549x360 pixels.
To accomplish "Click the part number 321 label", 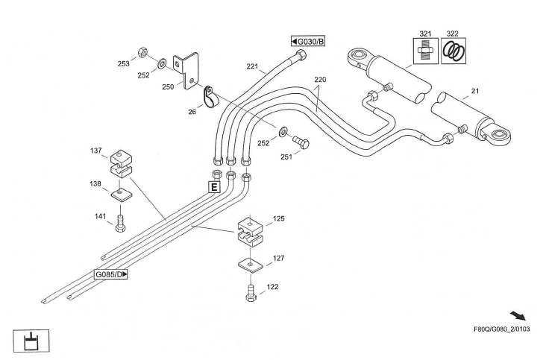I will point(425,34).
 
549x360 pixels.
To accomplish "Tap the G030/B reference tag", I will point(308,40).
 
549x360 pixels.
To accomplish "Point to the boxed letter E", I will point(213,187).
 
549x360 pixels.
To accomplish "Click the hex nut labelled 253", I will point(142,54).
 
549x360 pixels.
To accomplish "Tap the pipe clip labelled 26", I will point(208,95).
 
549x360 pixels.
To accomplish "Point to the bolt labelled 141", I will point(120,220).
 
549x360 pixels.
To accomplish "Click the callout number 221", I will point(252,67).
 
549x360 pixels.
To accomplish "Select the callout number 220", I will point(320,78).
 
